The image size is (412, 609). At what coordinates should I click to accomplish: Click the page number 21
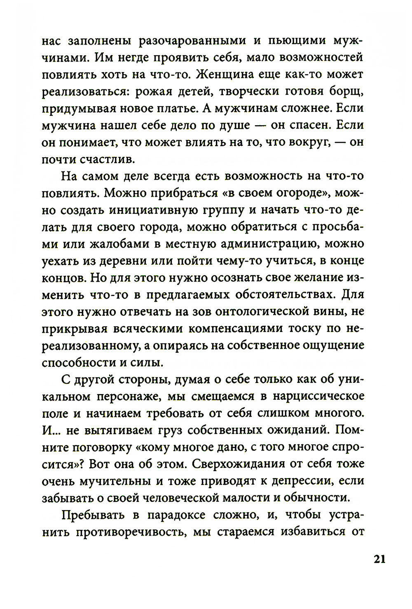[379, 560]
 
